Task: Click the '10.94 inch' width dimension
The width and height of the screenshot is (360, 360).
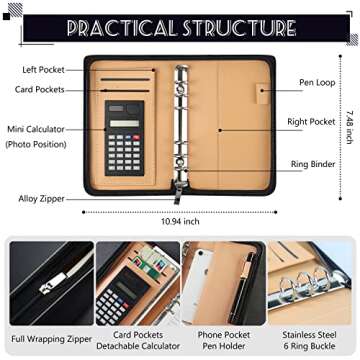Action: point(181,221)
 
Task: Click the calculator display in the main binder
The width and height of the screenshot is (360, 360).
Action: point(124,121)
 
